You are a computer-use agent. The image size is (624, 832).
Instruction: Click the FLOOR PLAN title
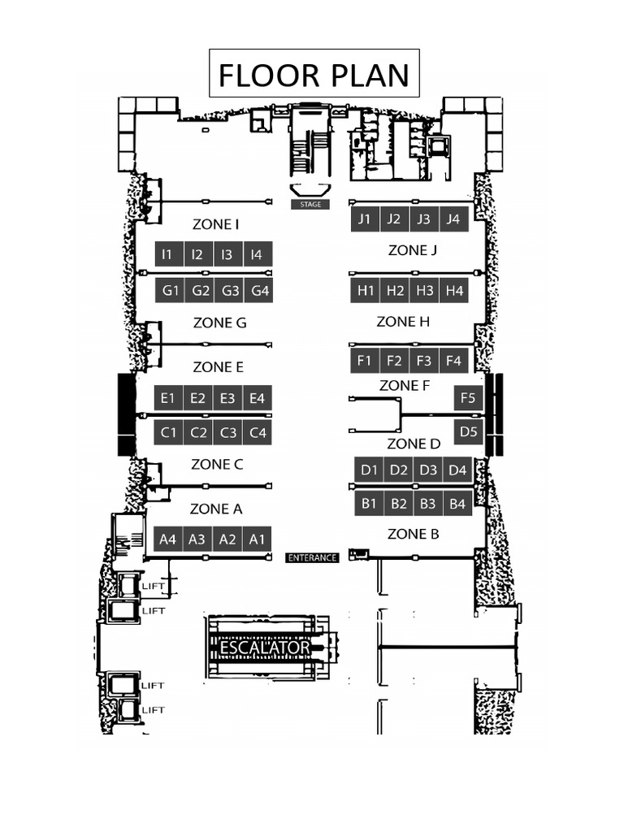(314, 75)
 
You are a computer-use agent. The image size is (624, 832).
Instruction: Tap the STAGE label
(310, 205)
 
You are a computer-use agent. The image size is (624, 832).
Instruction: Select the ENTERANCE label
(312, 557)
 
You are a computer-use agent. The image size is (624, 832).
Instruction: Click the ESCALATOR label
(265, 648)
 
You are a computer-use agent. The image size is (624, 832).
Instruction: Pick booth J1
(365, 219)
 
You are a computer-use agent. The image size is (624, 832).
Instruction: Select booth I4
(257, 254)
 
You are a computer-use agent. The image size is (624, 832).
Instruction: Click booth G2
(200, 290)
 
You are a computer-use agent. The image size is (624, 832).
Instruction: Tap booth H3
(424, 290)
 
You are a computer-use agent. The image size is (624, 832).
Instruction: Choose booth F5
(468, 398)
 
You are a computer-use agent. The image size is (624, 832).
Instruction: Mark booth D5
(468, 431)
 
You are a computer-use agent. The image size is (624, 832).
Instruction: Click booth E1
(168, 398)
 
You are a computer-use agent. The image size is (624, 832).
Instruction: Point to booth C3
(228, 432)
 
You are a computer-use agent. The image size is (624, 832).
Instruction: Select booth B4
(457, 504)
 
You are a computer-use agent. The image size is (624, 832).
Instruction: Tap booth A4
(168, 539)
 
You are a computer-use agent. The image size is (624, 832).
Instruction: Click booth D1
(370, 470)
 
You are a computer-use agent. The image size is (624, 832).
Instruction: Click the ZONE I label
(215, 224)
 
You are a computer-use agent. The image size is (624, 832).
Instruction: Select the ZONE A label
(216, 509)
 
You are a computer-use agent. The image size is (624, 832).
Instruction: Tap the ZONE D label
(414, 444)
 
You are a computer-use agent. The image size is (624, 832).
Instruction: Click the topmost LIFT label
(154, 586)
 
